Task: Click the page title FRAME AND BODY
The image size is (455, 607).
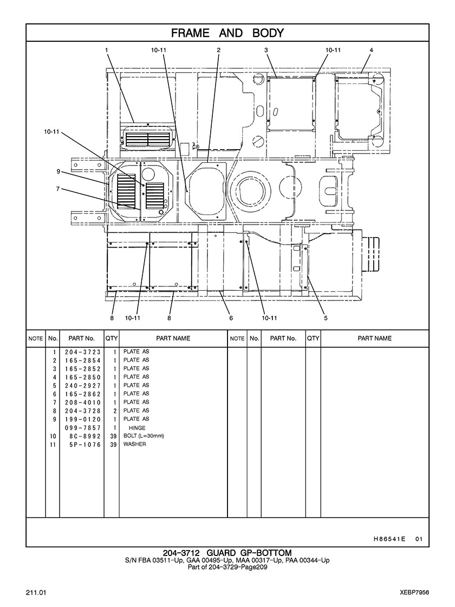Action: (x=227, y=33)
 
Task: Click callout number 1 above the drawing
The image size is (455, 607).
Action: (x=106, y=50)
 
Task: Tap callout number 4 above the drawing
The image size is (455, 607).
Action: (x=371, y=50)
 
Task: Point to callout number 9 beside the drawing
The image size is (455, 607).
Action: (x=58, y=171)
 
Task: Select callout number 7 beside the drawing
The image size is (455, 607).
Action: (x=58, y=189)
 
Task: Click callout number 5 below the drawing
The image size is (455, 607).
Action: (x=326, y=318)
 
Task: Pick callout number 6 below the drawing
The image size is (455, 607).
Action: (x=231, y=318)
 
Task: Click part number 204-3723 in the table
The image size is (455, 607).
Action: (x=83, y=352)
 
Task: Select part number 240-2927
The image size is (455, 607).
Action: (x=83, y=386)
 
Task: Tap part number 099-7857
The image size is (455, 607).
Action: (x=83, y=428)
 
